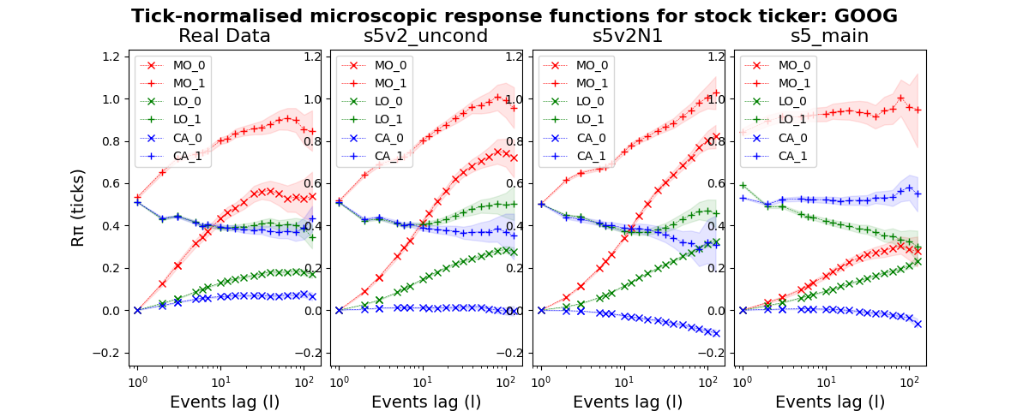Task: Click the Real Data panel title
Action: (225, 36)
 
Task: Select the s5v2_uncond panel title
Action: (426, 36)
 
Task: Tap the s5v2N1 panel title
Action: (629, 36)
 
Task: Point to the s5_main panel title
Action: (830, 36)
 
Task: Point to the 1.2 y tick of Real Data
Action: (109, 57)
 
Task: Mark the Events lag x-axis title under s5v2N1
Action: (628, 402)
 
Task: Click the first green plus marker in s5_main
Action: (743, 185)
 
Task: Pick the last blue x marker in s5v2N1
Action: (716, 333)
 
